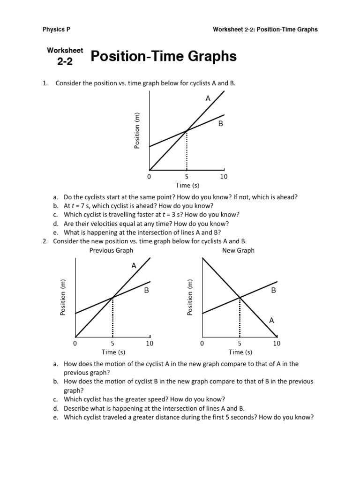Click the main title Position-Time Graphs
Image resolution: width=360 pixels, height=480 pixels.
[x=163, y=57]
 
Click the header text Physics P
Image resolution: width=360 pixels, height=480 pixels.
[x=56, y=29]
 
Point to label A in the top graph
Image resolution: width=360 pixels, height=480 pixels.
[x=208, y=98]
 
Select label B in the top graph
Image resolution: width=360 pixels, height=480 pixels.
[x=220, y=124]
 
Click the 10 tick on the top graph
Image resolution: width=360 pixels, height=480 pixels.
[x=224, y=177]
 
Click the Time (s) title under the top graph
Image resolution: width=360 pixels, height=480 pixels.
[x=187, y=186]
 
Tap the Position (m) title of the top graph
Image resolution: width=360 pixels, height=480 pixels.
[x=137, y=131]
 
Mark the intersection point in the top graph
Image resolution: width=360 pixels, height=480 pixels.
[x=187, y=130]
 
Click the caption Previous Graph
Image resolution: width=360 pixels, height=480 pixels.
[x=112, y=250]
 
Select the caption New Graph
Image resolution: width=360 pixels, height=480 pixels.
[x=239, y=250]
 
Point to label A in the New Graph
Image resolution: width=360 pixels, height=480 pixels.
[x=271, y=320]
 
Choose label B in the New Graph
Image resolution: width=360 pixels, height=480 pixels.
[x=274, y=291]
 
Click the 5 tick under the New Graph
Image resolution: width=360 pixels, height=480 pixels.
[x=240, y=344]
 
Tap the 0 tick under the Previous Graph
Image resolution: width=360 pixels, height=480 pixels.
[x=75, y=344]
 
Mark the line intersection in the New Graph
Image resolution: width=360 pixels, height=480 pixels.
[x=240, y=297]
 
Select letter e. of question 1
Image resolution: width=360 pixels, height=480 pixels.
[x=55, y=232]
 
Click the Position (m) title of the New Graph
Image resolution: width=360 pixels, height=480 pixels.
[x=190, y=298]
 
